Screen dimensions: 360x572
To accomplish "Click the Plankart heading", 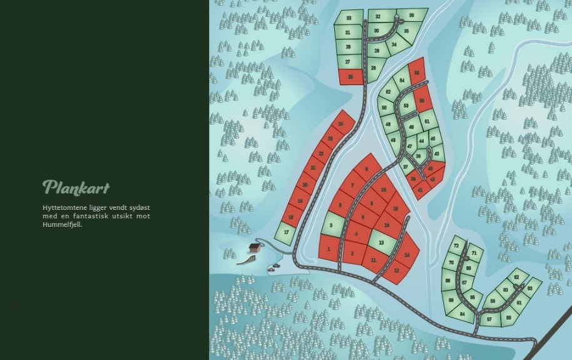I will (x=76, y=187).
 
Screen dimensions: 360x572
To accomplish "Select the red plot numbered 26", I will (x=350, y=76).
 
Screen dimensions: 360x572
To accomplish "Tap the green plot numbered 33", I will (x=349, y=18).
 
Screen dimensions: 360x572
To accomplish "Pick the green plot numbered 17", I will (x=286, y=232).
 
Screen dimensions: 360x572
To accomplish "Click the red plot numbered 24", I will (x=340, y=125).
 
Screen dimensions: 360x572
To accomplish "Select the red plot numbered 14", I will (x=407, y=254).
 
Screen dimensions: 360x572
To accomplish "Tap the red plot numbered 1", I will (x=329, y=249).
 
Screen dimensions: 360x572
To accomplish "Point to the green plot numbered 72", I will (x=456, y=245).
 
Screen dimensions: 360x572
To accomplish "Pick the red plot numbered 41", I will (x=420, y=189).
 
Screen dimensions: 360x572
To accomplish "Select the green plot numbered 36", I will (x=411, y=15).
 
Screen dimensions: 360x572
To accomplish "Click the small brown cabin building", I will (x=255, y=247).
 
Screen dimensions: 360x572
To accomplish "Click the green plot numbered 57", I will (x=489, y=319).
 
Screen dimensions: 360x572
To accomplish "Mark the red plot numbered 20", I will (x=305, y=185).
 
